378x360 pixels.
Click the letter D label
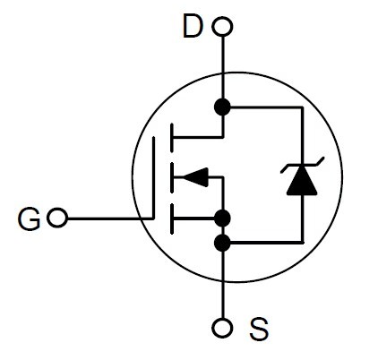point(193,27)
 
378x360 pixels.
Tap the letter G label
point(29,219)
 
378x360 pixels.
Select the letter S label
point(259,329)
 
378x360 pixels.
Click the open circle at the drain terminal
point(222,27)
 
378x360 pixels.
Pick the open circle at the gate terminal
point(57,218)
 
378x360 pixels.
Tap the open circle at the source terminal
point(222,328)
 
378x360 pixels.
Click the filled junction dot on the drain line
point(222,107)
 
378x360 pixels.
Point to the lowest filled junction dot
point(222,243)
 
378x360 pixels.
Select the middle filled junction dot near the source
point(222,219)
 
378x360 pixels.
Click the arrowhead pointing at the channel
point(195,177)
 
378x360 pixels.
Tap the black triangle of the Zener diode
point(302,180)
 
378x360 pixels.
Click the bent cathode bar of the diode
point(302,165)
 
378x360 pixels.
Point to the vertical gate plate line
point(153,178)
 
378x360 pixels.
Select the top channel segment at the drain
point(172,137)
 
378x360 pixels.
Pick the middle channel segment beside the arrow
point(172,177)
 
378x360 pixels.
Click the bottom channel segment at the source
point(172,219)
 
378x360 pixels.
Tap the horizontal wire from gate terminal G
point(110,219)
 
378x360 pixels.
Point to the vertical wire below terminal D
point(222,68)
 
